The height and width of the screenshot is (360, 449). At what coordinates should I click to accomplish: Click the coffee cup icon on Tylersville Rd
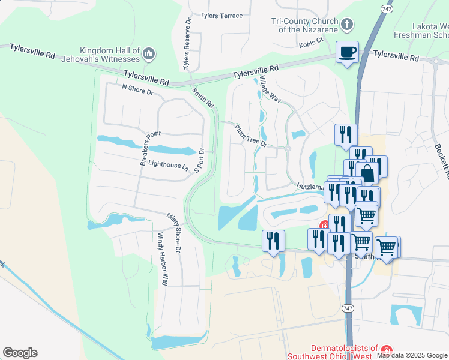(x=346, y=52)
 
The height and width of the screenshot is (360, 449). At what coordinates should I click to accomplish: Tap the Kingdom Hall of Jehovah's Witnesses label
(x=110, y=55)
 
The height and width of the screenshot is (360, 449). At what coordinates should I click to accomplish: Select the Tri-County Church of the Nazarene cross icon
(x=346, y=25)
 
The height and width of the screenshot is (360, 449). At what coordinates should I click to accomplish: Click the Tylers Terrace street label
(x=205, y=16)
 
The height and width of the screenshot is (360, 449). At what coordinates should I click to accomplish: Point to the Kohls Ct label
(x=311, y=40)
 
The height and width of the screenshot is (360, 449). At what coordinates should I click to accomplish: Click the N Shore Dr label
(x=138, y=88)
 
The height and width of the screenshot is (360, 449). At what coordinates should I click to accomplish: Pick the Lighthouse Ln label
(x=169, y=163)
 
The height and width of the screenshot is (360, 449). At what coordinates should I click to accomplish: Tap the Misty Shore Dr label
(x=176, y=227)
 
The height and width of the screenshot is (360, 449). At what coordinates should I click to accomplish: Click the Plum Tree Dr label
(x=250, y=136)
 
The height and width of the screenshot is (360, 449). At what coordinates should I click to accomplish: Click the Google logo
(x=20, y=353)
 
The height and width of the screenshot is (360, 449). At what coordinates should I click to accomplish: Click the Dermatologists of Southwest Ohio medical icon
(x=387, y=349)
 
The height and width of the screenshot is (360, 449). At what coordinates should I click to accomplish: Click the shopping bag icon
(x=367, y=173)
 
